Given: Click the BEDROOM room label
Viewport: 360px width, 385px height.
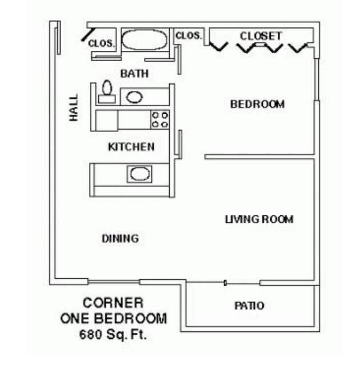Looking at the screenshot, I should (257, 104).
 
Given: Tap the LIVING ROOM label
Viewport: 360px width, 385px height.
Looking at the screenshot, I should (259, 219).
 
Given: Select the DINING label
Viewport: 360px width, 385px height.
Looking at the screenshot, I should (120, 239).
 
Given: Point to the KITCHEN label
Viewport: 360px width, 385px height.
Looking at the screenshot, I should (131, 147).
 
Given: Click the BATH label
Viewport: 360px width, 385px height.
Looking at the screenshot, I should (134, 74).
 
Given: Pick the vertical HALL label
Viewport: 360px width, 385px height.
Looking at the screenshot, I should (74, 108).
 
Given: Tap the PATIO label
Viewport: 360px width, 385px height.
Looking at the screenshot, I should (249, 306).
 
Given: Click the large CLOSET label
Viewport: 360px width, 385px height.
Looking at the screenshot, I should (261, 36).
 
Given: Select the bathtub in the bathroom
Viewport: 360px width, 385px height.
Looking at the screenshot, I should (145, 41).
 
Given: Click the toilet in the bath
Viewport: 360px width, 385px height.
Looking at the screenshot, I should (106, 92).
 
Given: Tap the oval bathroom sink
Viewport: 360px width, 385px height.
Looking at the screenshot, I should (134, 97).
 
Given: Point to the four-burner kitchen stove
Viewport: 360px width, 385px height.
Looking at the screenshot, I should (160, 119).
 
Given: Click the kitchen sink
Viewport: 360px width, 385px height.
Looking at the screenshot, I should (139, 173).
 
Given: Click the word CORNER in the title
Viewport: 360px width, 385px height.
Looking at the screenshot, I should (113, 303).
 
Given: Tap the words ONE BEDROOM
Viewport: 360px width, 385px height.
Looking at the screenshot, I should (113, 319).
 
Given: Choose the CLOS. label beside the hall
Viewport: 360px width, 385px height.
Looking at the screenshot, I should (102, 43).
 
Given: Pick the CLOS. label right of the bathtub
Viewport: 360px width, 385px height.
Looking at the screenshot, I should (188, 35).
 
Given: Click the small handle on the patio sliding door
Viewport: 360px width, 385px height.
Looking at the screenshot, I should (225, 283).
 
